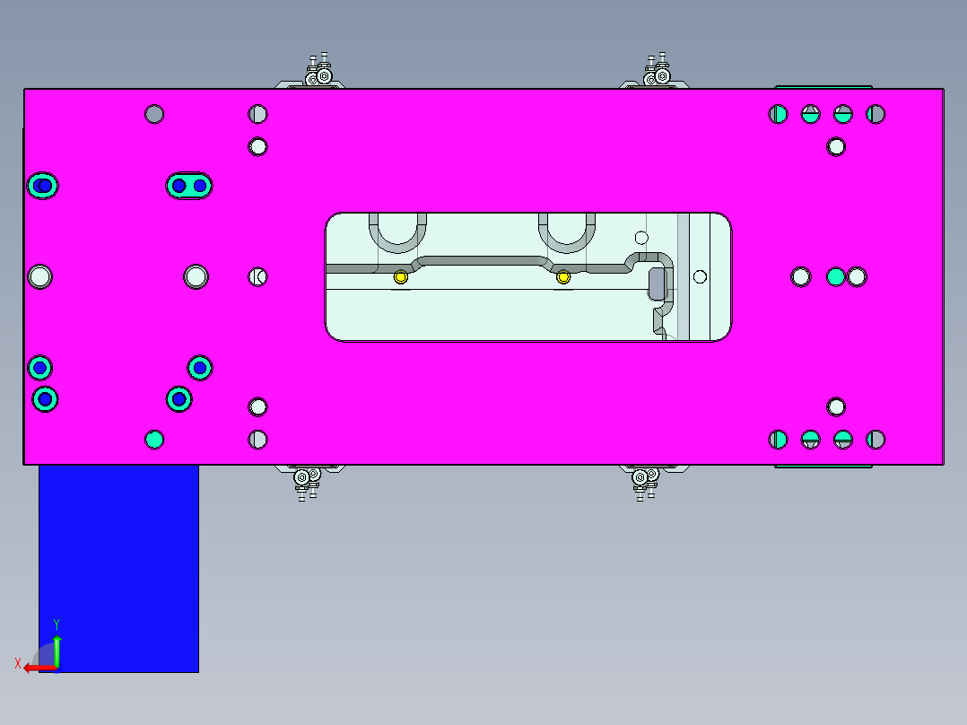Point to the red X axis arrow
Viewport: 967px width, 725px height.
38,668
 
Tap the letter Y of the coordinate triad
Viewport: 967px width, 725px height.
57,624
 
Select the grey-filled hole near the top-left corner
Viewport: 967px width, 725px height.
154,114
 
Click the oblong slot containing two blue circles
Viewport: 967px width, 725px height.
189,186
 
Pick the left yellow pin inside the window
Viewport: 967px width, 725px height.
401,277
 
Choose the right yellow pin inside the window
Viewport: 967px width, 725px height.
563,277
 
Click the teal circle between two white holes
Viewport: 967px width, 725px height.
836,276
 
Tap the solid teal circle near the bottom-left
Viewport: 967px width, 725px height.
154,439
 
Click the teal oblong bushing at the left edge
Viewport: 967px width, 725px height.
42,186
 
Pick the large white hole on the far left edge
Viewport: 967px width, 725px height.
39,276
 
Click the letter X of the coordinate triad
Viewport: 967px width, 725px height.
17,663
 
